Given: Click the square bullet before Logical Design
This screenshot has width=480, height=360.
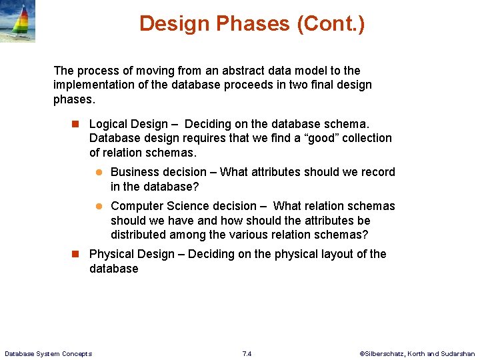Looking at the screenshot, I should tap(75, 124).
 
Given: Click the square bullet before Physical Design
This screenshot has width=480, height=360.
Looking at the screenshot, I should tap(75, 254).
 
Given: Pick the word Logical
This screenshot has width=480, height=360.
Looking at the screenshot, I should tap(109, 124).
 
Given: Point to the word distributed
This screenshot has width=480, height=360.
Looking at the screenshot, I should tap(138, 235).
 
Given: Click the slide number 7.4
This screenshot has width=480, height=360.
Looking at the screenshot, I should tap(247, 353).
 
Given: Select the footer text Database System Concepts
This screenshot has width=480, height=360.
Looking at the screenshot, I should tap(48, 353).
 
